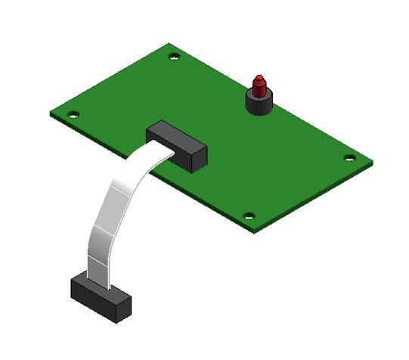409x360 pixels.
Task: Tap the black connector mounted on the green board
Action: (x=177, y=147)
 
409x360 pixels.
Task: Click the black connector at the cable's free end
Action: (x=101, y=297)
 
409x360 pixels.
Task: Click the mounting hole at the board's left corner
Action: (x=73, y=115)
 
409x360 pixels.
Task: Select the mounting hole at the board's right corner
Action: (x=349, y=158)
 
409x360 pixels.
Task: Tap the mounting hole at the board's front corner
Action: (x=249, y=216)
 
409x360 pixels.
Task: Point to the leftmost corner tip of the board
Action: (x=50, y=115)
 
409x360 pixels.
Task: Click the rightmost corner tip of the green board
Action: (x=372, y=163)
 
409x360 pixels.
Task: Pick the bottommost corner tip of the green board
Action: (x=256, y=231)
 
